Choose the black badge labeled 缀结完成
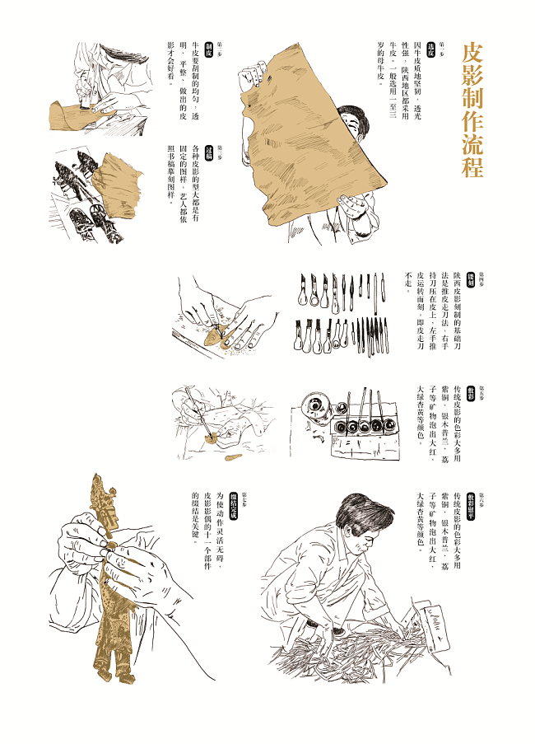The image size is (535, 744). [x=233, y=498]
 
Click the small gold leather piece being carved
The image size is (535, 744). [x=216, y=335]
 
